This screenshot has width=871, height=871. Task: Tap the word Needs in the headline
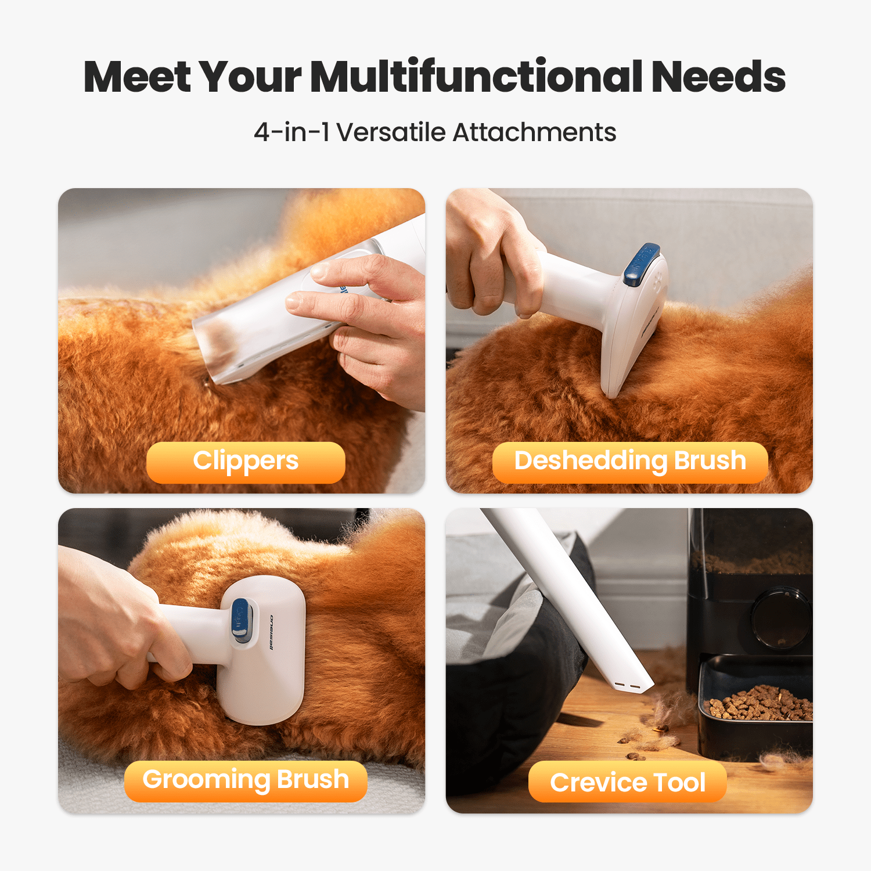(x=718, y=77)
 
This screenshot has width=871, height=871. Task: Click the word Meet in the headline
(x=138, y=77)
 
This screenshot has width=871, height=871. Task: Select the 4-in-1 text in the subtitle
(x=291, y=132)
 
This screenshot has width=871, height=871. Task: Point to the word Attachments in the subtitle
(x=534, y=132)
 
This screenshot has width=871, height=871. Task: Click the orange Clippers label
(x=246, y=462)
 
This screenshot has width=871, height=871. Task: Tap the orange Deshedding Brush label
(x=630, y=462)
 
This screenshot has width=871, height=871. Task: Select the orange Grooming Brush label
(x=246, y=781)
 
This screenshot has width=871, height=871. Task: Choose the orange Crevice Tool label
(x=628, y=782)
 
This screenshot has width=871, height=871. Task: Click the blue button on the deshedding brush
(x=642, y=264)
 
